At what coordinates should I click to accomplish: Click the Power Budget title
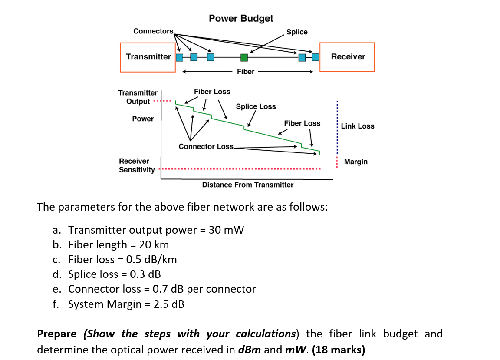241,18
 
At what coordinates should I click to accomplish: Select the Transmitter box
148,57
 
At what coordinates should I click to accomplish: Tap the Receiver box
347,57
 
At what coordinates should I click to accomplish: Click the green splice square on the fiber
244,57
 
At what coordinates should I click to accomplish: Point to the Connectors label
153,31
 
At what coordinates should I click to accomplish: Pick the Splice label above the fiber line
297,32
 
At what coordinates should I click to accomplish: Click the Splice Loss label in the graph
256,106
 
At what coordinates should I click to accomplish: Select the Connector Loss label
206,146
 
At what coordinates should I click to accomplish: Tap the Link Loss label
357,126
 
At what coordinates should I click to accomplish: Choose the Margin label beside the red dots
355,162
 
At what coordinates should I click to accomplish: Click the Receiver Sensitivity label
137,165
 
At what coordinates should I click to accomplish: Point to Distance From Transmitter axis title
248,185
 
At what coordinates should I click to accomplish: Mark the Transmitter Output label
138,97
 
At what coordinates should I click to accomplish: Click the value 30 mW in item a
226,230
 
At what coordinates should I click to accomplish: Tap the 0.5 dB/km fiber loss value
151,259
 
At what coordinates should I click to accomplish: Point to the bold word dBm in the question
250,350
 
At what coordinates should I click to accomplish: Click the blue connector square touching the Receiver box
316,57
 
